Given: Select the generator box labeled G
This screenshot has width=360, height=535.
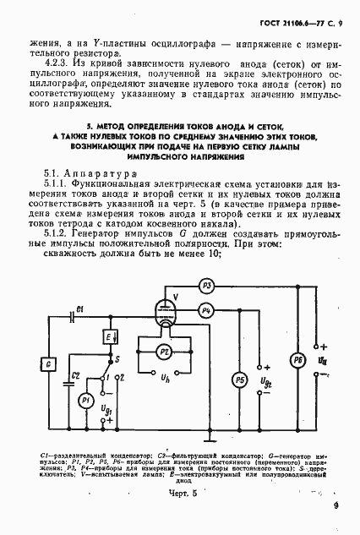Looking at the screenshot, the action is pyautogui.click(x=49, y=363).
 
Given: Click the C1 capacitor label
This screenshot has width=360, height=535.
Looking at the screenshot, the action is pyautogui.click(x=79, y=306).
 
